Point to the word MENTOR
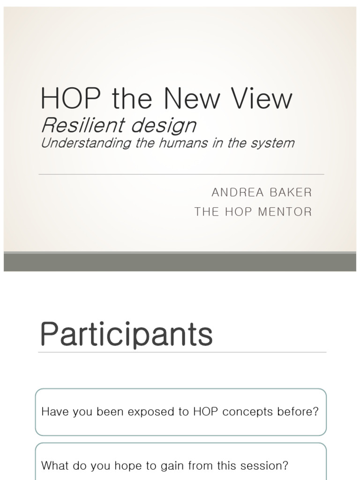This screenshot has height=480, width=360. (x=285, y=212)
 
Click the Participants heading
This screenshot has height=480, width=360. (x=126, y=335)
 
